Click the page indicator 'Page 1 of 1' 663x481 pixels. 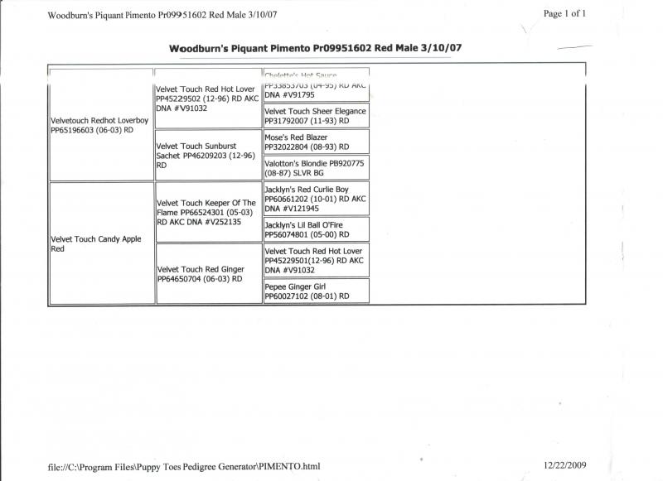click(564, 13)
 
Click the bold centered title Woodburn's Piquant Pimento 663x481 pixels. click(315, 48)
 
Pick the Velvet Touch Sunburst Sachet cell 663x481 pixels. click(208, 155)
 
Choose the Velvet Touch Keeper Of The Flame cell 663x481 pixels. click(208, 212)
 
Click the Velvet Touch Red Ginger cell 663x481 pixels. click(208, 274)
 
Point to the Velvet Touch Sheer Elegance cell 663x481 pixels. click(316, 116)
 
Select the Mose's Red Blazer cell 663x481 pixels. click(316, 142)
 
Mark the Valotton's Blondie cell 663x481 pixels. click(316, 168)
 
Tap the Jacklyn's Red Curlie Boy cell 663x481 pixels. click(316, 200)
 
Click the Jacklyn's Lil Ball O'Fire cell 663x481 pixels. click(316, 229)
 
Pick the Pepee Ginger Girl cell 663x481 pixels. click(316, 290)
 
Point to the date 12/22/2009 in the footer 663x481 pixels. click(566, 466)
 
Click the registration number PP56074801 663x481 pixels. click(290, 234)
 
